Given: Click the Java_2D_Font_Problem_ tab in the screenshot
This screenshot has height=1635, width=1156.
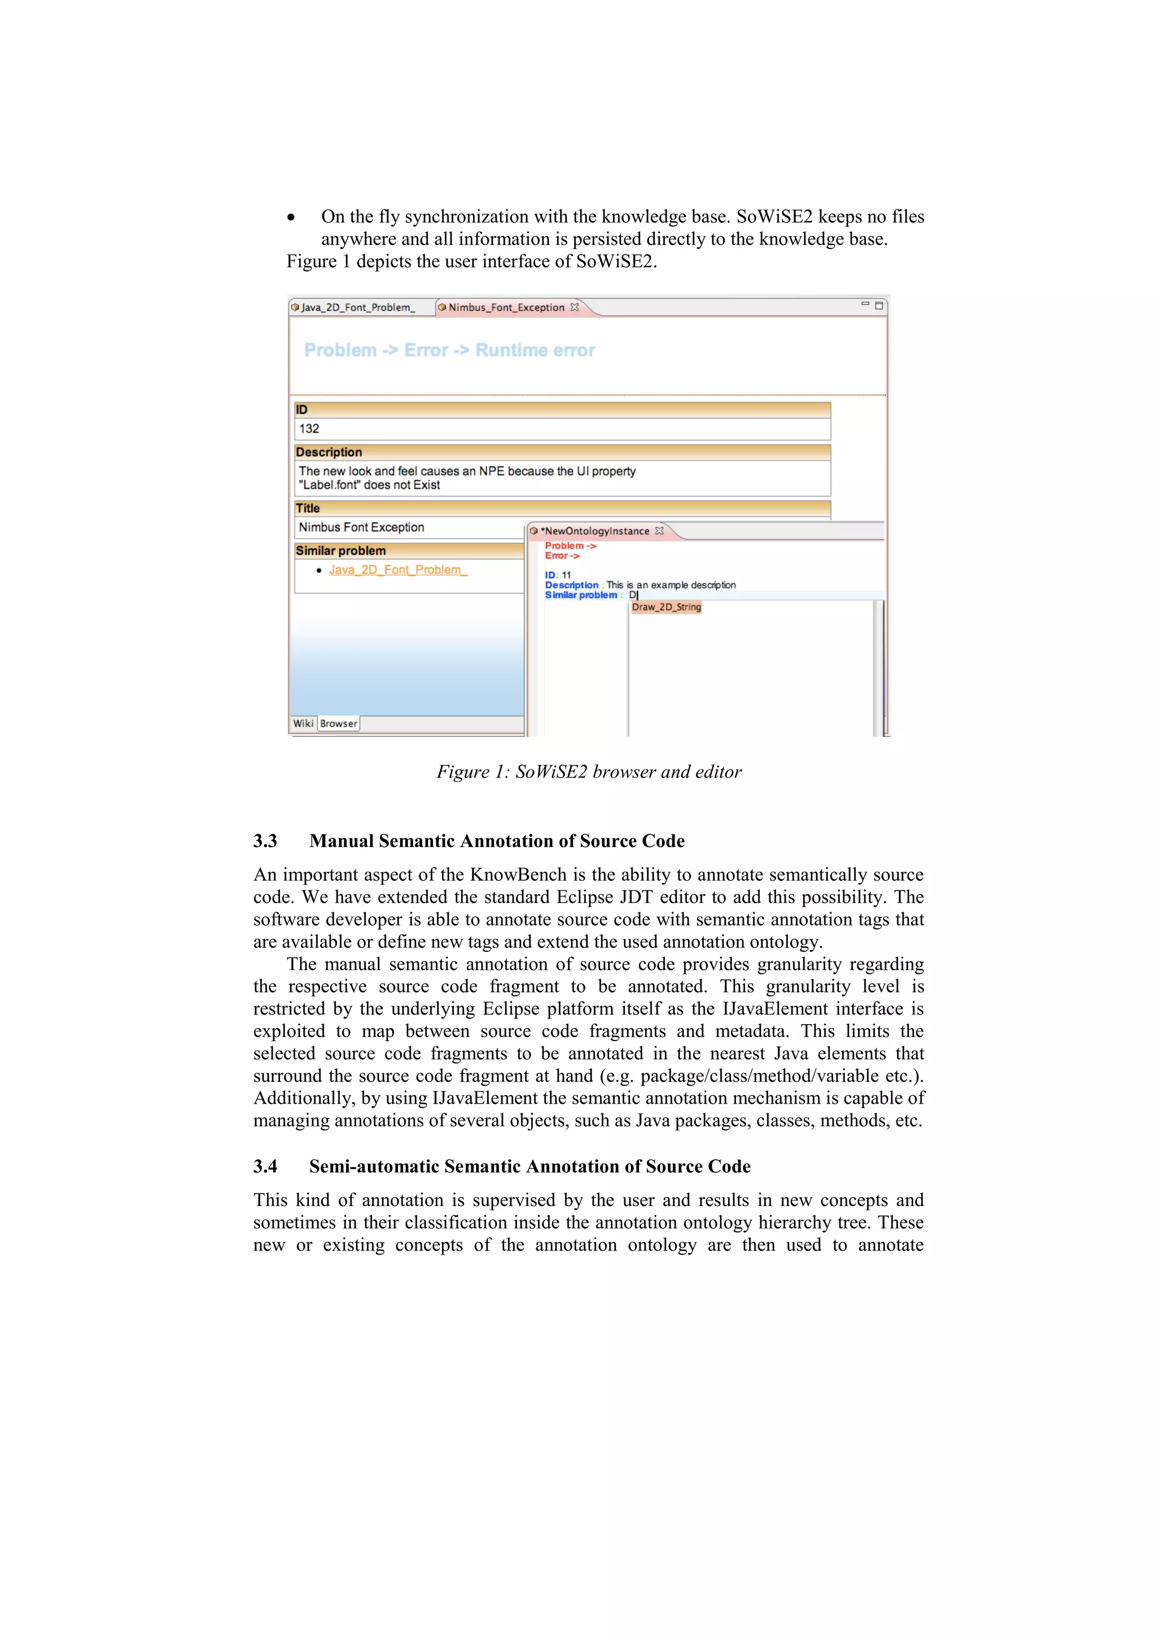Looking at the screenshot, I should (357, 308).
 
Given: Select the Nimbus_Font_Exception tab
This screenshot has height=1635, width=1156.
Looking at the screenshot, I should (505, 308).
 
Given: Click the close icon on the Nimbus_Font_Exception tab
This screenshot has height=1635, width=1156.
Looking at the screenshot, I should (575, 308).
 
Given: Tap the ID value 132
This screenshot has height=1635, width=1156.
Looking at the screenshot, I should (309, 429).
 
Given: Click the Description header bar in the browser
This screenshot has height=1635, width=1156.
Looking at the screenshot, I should (562, 452).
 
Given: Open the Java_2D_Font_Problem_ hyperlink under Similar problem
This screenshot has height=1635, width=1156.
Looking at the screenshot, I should (397, 570).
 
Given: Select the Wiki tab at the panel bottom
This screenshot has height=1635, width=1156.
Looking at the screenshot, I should (303, 724).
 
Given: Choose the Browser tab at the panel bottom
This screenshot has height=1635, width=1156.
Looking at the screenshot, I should (338, 724).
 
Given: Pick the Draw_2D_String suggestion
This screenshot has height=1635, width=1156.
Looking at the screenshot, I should (666, 607).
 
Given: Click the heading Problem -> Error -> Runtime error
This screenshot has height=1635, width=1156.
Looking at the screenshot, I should (449, 351).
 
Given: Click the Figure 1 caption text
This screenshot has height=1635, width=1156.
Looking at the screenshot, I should (589, 772).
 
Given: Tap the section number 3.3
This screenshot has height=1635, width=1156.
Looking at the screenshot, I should (265, 841).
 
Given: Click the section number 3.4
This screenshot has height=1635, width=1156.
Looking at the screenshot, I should (265, 1166).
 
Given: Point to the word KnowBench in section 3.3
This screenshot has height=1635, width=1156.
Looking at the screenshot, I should (518, 875).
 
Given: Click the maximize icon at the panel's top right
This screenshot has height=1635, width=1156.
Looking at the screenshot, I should (879, 305).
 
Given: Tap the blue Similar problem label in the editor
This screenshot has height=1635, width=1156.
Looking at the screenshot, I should (581, 595).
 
